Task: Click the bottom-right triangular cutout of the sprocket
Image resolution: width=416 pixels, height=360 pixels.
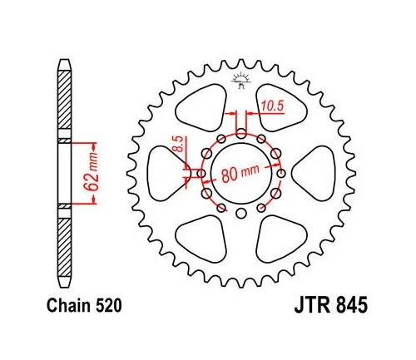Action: pos(280,237)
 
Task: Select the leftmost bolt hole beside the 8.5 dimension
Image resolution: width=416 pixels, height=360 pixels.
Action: pos(200,173)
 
